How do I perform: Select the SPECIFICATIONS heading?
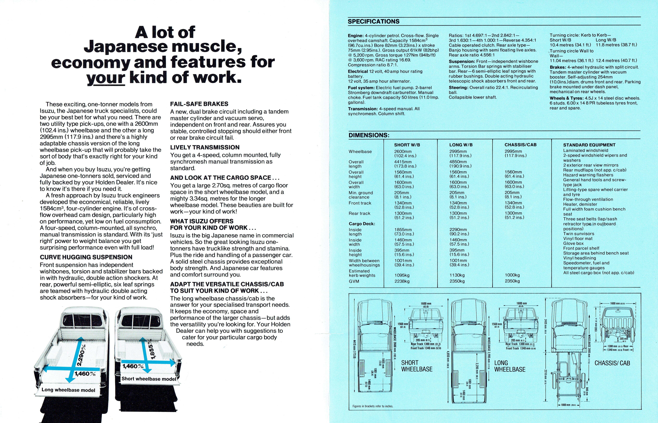point(373,21)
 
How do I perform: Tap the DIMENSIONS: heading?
point(369,135)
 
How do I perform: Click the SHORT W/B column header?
point(407,145)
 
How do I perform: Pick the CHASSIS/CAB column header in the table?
point(520,145)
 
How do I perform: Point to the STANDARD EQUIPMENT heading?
point(589,145)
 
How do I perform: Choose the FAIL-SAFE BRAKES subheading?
point(199,104)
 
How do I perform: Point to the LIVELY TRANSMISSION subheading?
point(205,147)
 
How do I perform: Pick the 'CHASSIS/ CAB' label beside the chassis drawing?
point(612,363)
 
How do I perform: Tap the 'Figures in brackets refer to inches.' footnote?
point(373,406)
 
